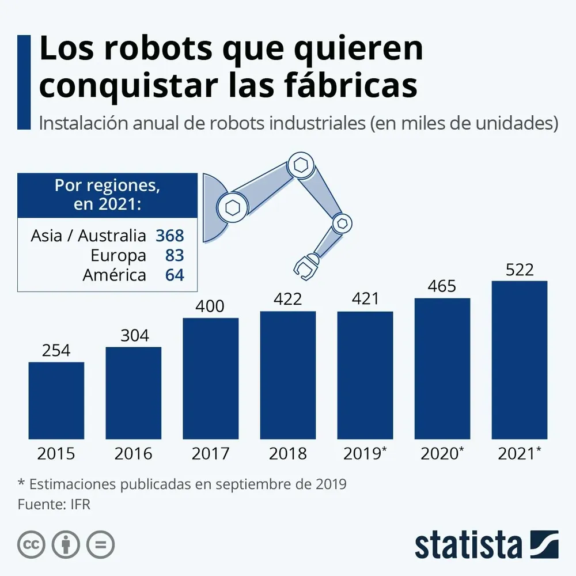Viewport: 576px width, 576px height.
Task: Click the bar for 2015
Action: [56, 400]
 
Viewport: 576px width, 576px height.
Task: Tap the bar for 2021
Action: [520, 360]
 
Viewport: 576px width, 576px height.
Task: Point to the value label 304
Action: [134, 335]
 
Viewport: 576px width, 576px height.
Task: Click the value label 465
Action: [442, 286]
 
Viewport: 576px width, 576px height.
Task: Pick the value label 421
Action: [365, 300]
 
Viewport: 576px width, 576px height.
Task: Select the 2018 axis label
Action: [288, 454]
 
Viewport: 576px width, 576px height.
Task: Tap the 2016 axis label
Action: [134, 454]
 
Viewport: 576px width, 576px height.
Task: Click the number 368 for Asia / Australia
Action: [169, 236]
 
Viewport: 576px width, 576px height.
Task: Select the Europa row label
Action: [118, 255]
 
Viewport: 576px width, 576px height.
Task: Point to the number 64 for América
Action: [175, 275]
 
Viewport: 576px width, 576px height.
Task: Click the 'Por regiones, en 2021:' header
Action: [107, 195]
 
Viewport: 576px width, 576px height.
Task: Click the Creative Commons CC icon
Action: [32, 544]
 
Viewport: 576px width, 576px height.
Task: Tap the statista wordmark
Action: [468, 544]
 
